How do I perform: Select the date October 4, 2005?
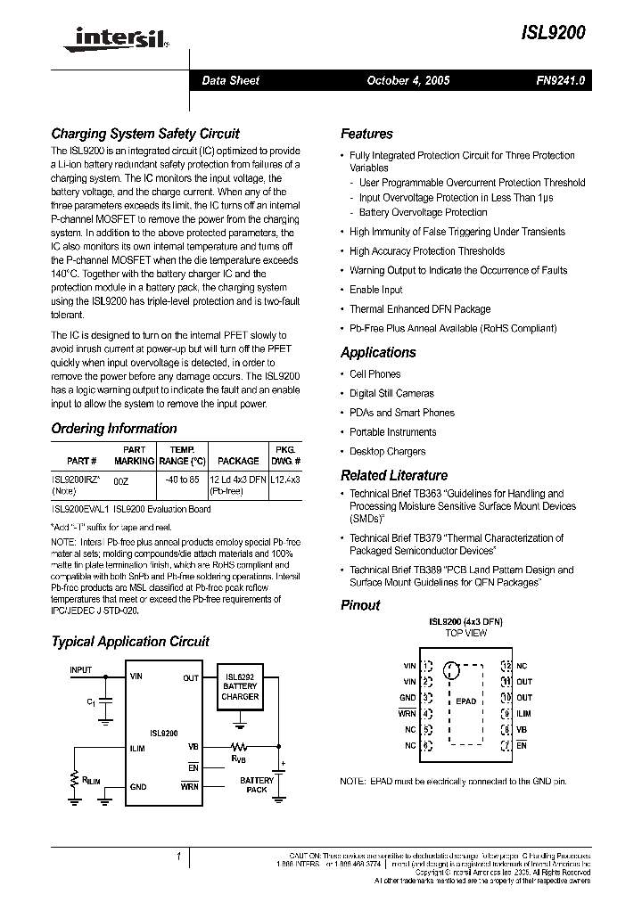coord(407,80)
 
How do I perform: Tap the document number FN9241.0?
coord(559,80)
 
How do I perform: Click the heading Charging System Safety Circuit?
coord(144,134)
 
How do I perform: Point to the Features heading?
coord(366,134)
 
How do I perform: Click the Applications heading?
coord(378,353)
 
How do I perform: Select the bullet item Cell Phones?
coord(374,374)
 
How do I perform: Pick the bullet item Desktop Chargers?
coord(387,451)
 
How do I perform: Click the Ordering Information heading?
coord(113,429)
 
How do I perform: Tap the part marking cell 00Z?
coord(122,480)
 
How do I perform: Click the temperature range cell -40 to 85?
coord(182,480)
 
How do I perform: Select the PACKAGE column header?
coord(238,461)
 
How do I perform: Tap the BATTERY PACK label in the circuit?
coord(256,784)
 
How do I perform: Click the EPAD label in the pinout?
coord(465,701)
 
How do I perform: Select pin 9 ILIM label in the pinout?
coord(523,713)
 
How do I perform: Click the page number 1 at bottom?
coord(178,857)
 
